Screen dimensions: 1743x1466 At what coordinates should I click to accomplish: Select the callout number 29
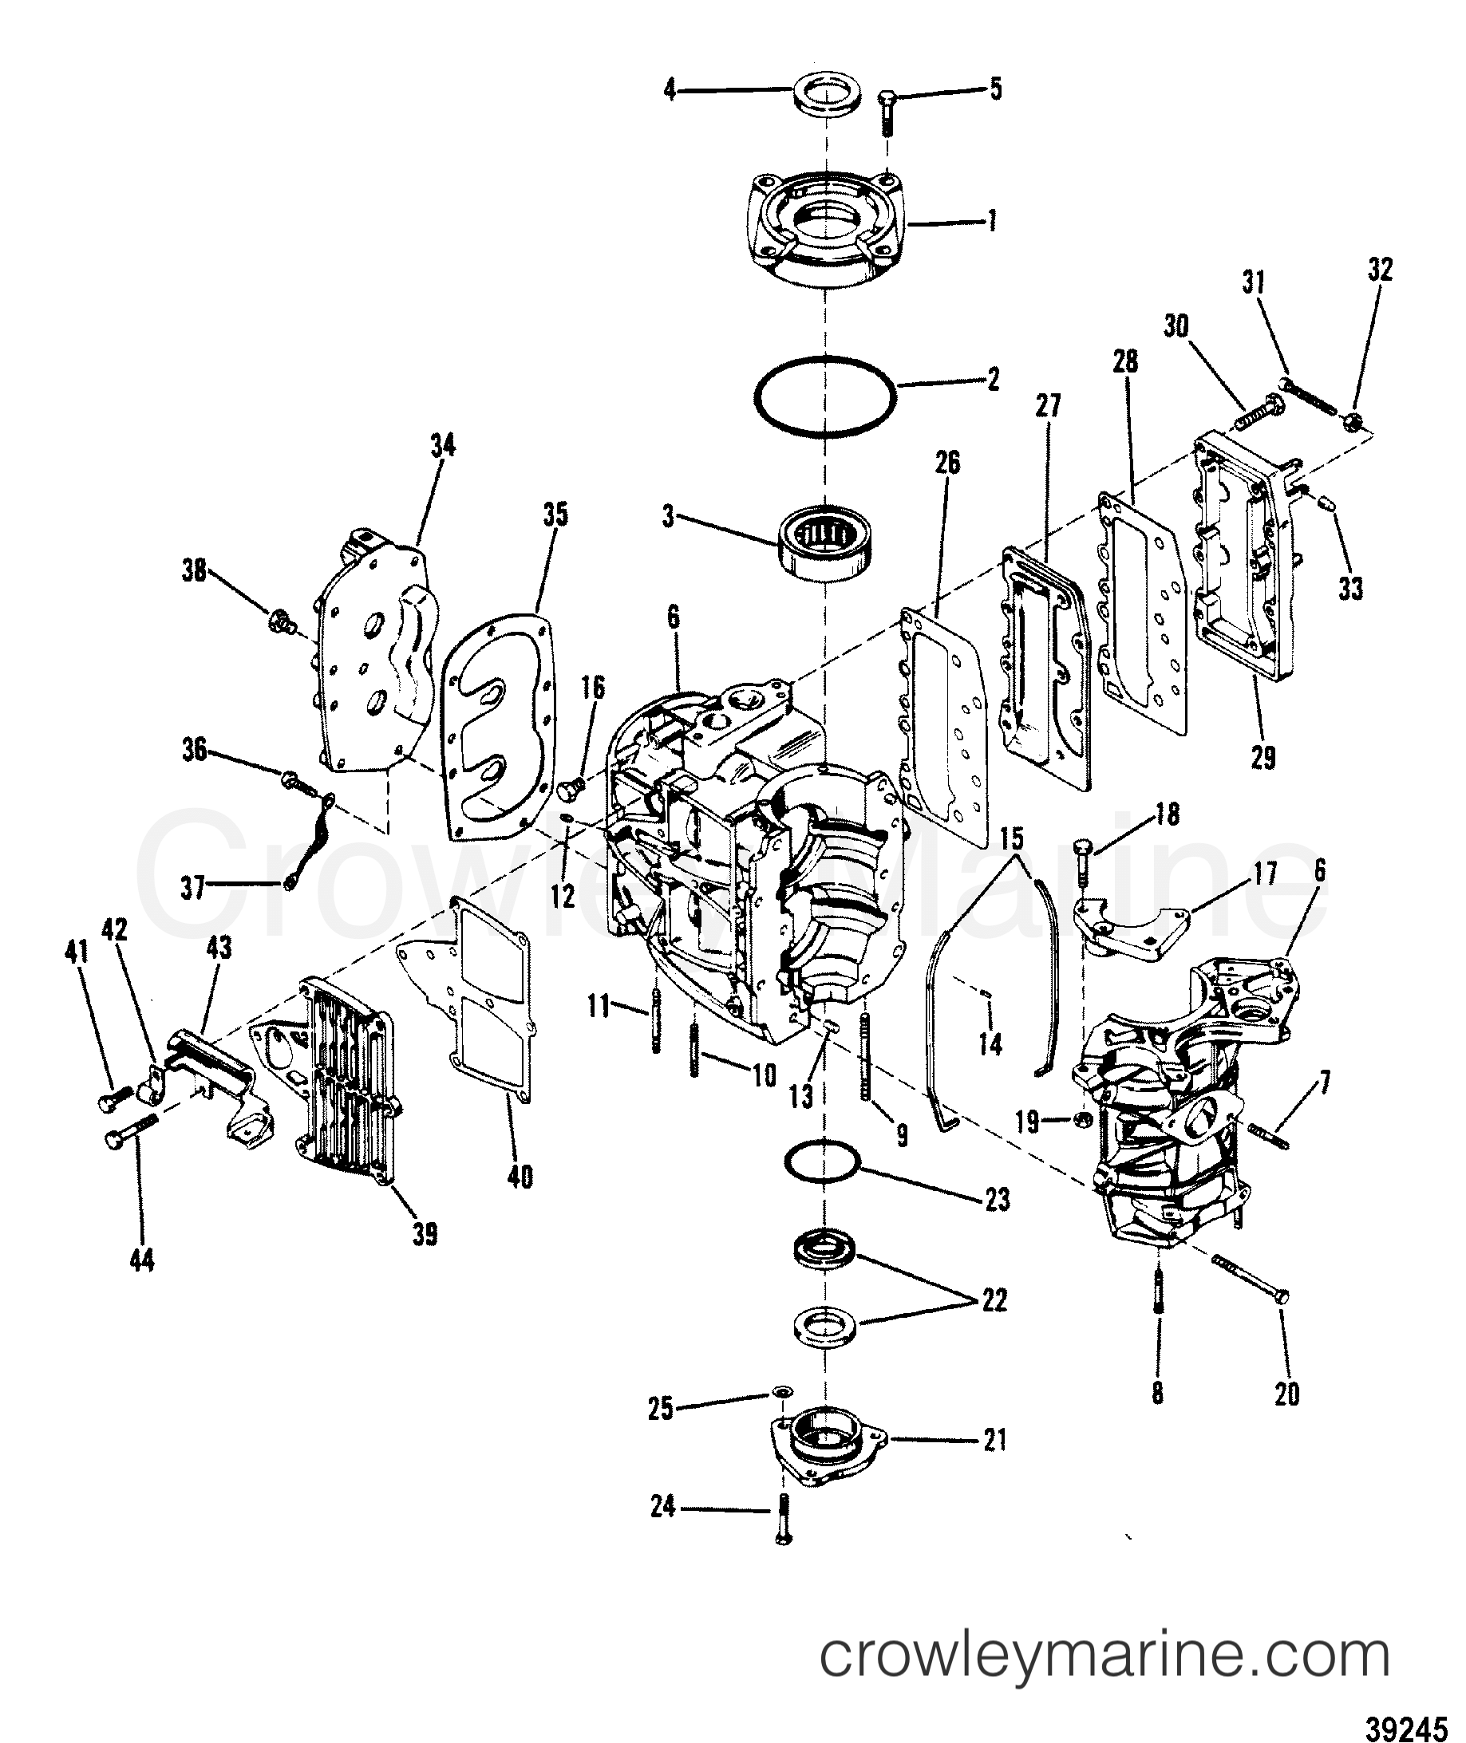point(1262,758)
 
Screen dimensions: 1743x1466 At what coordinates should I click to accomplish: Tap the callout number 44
point(142,1262)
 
